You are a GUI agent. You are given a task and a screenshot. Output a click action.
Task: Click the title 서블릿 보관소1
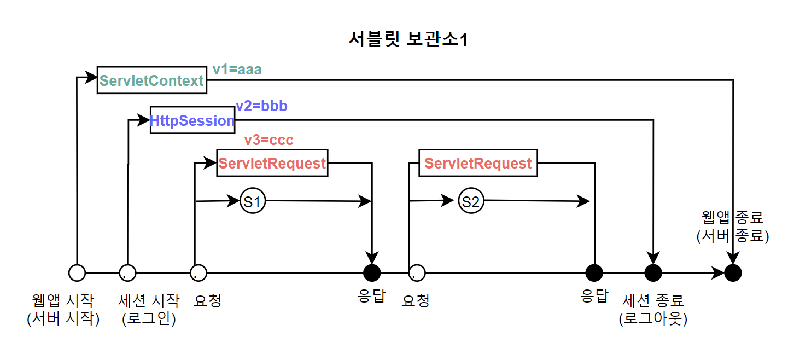coord(407,40)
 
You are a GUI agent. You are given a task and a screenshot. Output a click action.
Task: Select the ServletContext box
coord(152,80)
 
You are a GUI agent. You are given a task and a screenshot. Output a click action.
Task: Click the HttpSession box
coord(192,120)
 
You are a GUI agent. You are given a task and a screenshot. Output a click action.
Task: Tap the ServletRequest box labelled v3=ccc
coord(272,163)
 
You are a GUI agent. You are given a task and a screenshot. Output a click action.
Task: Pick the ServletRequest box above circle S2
coord(478,163)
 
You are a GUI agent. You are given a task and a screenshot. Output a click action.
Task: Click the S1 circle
coord(253,201)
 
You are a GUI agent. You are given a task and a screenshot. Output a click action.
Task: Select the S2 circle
coord(471,201)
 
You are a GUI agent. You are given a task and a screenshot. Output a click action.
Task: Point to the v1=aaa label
coord(237,69)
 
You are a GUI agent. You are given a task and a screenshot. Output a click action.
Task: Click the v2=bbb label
coord(261,106)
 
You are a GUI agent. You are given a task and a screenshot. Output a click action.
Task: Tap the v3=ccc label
coord(268,140)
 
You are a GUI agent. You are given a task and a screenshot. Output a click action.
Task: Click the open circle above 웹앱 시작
coord(77,272)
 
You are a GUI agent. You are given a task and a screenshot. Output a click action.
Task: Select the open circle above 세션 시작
coord(128,272)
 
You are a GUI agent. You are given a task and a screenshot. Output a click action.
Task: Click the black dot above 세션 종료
coord(653,272)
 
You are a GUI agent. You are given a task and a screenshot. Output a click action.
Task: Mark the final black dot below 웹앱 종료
coord(733,272)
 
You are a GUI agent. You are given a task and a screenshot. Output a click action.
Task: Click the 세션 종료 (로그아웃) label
coord(653,310)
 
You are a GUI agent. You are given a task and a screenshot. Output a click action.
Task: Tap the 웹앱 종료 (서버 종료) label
coord(732,227)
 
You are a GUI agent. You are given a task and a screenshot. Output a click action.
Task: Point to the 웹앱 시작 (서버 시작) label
coord(63,310)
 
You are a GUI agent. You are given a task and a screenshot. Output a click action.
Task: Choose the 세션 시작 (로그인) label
coord(149,310)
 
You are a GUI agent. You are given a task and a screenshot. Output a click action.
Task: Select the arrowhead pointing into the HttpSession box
coord(145,120)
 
